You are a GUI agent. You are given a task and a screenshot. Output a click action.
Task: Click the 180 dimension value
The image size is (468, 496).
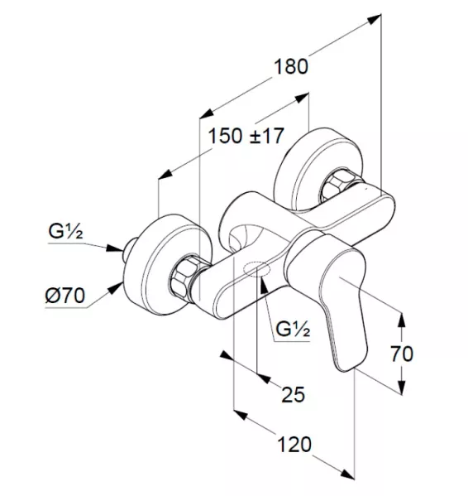point(290,67)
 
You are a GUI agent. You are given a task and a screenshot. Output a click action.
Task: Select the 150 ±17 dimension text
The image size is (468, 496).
point(246,136)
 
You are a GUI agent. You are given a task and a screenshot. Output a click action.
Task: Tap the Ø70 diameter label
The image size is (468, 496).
point(65,296)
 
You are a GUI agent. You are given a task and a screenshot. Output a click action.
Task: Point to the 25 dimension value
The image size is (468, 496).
point(294,394)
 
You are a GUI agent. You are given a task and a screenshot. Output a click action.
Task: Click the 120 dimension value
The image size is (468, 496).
point(294,445)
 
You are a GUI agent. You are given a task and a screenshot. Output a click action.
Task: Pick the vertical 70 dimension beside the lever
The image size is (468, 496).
point(402,354)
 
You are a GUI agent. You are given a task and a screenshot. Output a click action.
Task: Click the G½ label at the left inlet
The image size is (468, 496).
point(65,231)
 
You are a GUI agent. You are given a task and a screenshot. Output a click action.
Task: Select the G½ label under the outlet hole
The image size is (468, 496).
point(293,329)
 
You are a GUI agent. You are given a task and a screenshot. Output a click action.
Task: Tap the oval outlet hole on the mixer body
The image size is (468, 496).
point(257,269)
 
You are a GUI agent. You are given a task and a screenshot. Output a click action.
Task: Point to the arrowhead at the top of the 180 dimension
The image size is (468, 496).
point(375,19)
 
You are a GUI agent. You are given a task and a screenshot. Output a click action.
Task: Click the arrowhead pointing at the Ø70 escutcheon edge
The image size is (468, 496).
point(116,288)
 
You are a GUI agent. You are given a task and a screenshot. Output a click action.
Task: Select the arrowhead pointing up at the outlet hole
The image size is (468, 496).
point(264,284)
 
